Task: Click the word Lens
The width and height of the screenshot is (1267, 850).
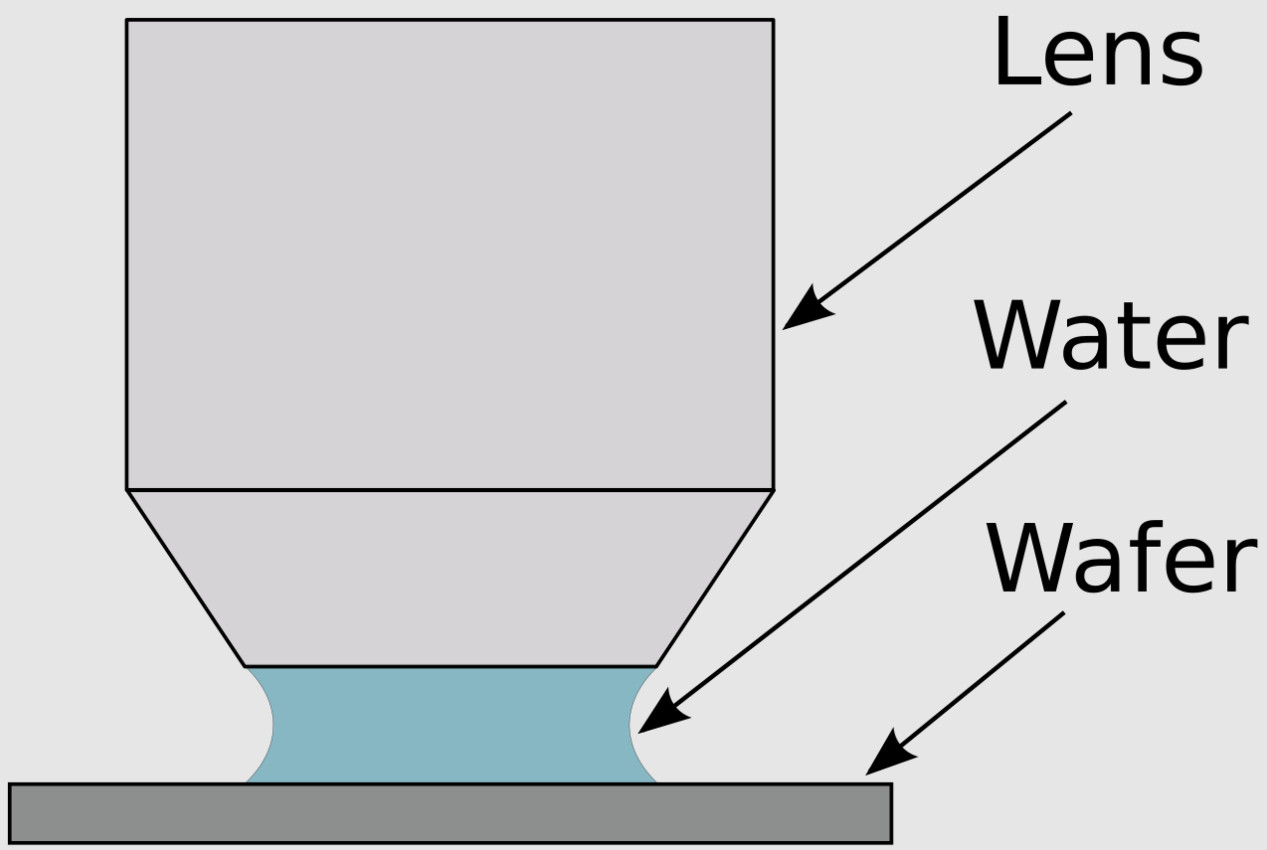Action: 1099,52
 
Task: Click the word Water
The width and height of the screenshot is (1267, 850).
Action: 1111,335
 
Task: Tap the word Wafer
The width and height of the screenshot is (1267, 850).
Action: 1121,557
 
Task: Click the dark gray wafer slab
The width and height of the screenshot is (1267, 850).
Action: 451,813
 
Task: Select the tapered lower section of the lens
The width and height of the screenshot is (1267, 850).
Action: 450,578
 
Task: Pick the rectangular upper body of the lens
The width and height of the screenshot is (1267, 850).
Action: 450,254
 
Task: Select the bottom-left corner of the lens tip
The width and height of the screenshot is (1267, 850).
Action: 245,666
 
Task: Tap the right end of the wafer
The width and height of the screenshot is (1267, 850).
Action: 892,813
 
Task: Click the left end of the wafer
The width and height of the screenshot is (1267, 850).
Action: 9,813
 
